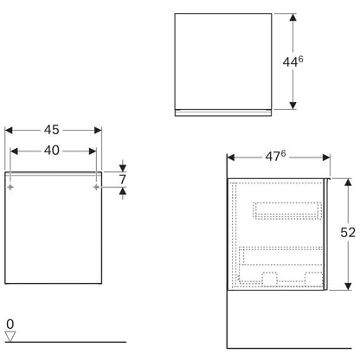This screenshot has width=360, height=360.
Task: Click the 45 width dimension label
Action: click(52, 130)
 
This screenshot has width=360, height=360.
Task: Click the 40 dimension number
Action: click(52, 151)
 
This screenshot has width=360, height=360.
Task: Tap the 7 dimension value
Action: click(123, 179)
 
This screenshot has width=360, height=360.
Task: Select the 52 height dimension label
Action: click(348, 233)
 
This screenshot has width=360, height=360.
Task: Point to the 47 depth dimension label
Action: click(275, 156)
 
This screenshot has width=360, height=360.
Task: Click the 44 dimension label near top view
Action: click(292, 61)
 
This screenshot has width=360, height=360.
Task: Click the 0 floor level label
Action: click(10, 325)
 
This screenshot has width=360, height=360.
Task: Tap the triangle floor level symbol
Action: click(10, 337)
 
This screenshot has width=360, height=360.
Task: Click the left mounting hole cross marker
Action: click(10, 187)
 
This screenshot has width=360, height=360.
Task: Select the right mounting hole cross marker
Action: click(96, 187)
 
